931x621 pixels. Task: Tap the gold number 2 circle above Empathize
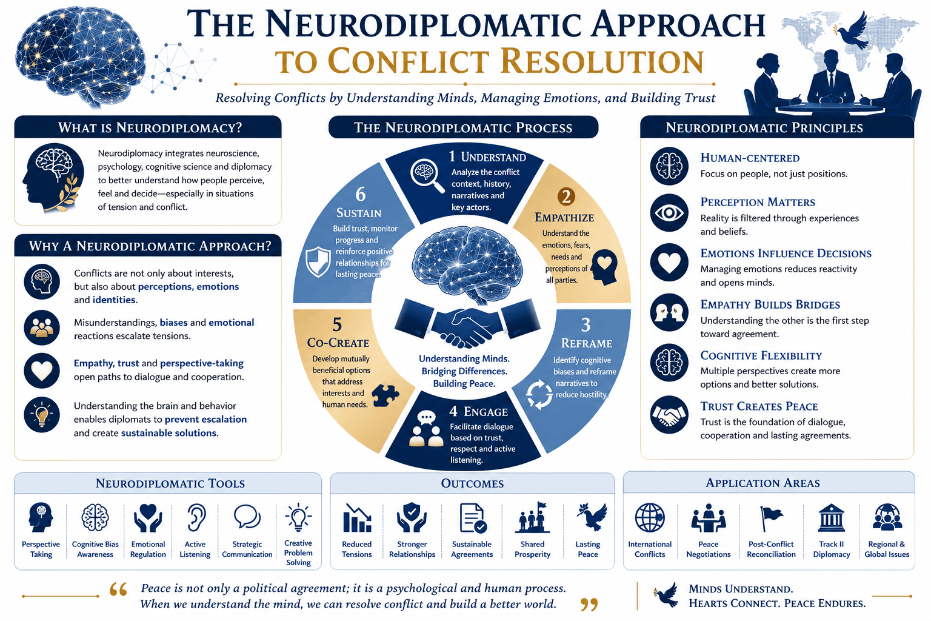coord(566,196)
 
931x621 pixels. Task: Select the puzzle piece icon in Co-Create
coord(385,395)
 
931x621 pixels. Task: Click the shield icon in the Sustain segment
coord(318,262)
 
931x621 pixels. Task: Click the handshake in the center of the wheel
coord(467,326)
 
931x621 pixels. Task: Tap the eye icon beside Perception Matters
coord(669,213)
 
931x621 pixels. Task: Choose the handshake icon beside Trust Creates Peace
coord(669,415)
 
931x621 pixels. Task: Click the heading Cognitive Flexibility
coord(761,355)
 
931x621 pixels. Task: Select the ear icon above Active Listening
coord(196,518)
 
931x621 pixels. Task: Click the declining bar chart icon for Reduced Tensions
coord(356,518)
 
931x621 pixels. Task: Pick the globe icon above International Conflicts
coord(650,517)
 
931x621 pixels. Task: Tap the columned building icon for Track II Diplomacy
coord(831,518)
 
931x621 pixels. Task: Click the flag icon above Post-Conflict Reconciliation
coord(771,519)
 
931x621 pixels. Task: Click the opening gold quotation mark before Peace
coord(118,590)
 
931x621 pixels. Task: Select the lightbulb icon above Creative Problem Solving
coord(298,517)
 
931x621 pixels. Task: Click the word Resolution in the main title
coord(602,61)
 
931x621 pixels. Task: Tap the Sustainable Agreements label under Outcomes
coord(472,549)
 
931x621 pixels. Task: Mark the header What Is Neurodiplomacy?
coord(150,127)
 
